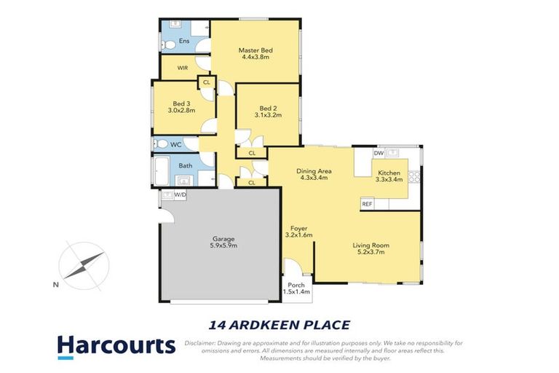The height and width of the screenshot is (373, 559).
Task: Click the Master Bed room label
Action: [255, 50]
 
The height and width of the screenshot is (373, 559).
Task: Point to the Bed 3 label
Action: [181, 103]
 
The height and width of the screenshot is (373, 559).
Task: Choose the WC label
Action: [175, 144]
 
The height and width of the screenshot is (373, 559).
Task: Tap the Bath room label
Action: [186, 165]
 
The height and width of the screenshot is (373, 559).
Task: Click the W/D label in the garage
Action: [180, 195]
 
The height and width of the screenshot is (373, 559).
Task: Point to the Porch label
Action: [296, 285]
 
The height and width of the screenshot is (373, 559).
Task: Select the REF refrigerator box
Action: [367, 205]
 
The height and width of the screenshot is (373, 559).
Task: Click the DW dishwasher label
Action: [378, 154]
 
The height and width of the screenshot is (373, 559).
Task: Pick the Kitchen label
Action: [388, 172]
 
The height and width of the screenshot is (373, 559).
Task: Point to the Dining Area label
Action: [313, 171]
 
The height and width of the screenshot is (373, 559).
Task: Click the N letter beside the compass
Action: [55, 285]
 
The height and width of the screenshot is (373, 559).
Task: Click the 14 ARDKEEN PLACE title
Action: [279, 325]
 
